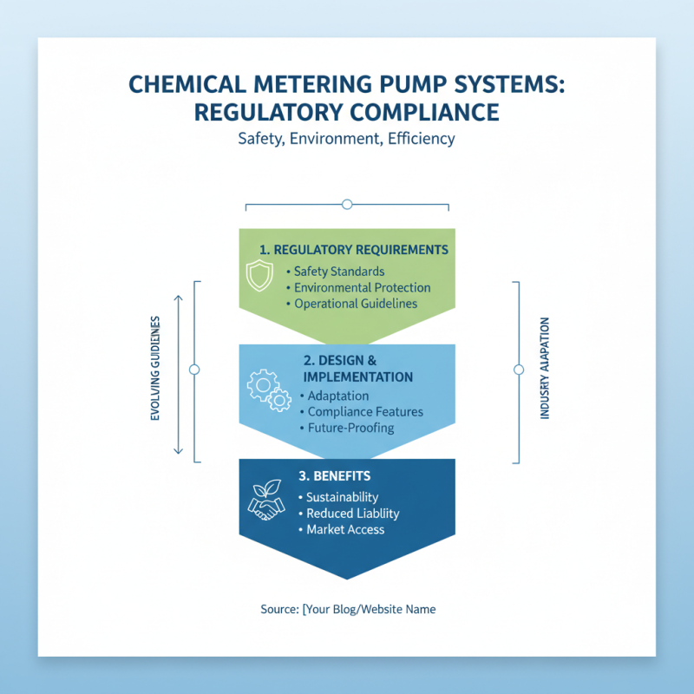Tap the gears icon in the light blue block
269,390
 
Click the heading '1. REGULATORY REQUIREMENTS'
353,250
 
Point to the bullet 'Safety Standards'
338,272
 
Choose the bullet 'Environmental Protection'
362,287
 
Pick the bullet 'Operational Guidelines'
356,304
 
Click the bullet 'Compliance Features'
365,411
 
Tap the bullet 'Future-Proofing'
350,428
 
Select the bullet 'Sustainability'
342,497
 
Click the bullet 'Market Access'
345,529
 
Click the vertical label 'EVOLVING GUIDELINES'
155,369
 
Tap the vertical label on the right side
545,369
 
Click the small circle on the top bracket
347,204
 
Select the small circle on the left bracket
194,370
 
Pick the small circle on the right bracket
519,370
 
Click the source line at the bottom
348,609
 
